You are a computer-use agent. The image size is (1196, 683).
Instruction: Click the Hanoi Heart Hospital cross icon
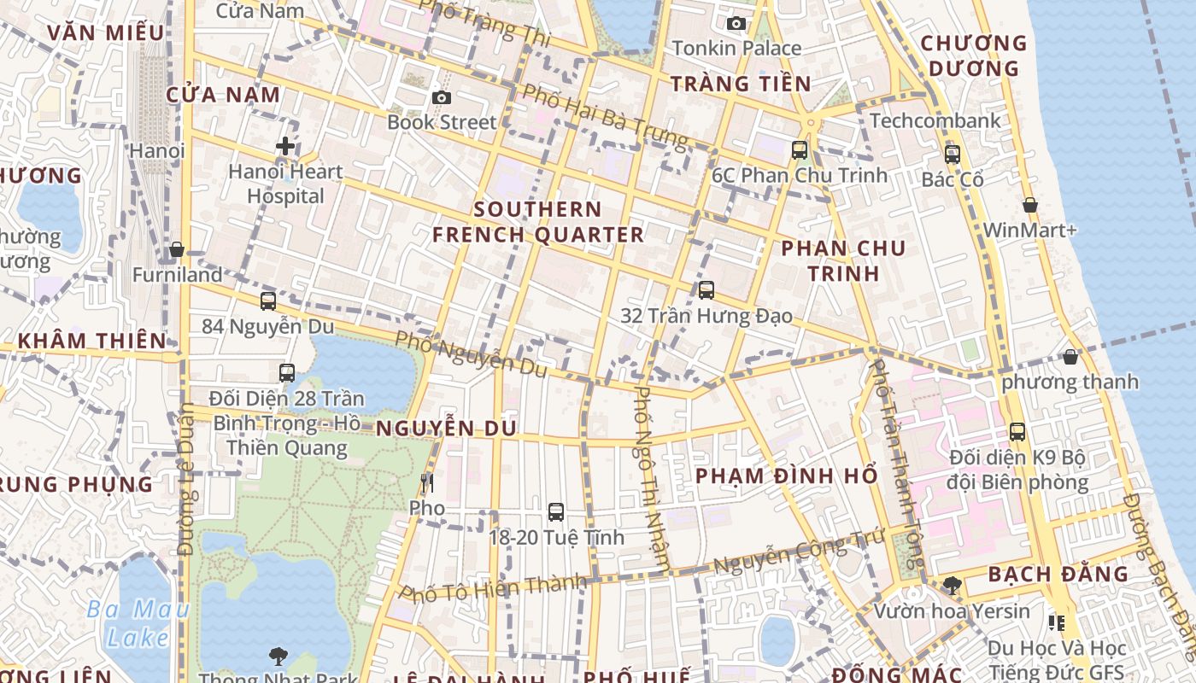(285, 146)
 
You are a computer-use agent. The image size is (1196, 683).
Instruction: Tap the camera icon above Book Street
(441, 98)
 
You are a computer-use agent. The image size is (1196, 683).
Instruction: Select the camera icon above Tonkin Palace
(736, 23)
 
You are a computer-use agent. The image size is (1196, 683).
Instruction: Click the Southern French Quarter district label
(538, 222)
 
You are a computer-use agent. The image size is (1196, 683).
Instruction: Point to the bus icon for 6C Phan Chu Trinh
(800, 150)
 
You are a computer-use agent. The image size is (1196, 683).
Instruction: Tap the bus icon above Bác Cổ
(952, 155)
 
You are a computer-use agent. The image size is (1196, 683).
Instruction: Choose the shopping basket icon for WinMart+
(1030, 205)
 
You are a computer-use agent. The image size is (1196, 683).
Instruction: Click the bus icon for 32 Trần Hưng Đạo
(706, 290)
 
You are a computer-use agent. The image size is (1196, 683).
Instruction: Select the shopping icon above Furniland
(177, 249)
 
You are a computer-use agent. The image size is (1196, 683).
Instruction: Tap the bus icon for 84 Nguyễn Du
(268, 301)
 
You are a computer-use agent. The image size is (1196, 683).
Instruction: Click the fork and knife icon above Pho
(427, 483)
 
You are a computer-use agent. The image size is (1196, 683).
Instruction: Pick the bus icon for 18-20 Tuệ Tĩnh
(556, 512)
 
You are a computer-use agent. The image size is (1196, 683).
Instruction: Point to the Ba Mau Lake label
(138, 623)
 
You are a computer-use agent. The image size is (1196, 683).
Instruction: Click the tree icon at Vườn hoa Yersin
(952, 586)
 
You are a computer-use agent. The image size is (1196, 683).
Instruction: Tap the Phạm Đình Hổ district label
(786, 476)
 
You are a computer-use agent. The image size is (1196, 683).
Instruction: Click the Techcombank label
(935, 121)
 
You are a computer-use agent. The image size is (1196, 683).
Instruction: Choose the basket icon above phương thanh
(1070, 357)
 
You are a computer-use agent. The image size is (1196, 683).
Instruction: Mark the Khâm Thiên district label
(92, 341)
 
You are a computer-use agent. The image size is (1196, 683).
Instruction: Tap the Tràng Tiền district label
(740, 84)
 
